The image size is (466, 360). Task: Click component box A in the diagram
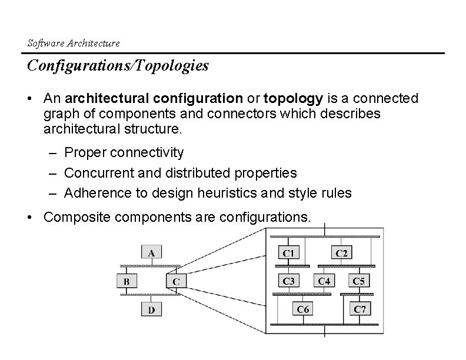[x=151, y=252]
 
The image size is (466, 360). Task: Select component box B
[x=127, y=281]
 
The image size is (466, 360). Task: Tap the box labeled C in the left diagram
[x=176, y=281]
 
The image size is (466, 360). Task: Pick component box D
[x=151, y=309]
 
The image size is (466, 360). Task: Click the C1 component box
[x=288, y=252]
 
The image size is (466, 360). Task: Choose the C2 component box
[x=341, y=252]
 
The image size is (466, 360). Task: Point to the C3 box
[x=288, y=281]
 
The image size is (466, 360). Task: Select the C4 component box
[x=324, y=281]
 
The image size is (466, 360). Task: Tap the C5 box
[x=359, y=281]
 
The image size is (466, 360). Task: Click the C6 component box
[x=304, y=308]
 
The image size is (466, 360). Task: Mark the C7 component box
[x=360, y=308]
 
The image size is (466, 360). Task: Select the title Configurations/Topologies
[x=118, y=66]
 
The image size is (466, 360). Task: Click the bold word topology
[x=293, y=98]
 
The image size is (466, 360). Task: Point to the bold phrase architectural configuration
[x=153, y=98]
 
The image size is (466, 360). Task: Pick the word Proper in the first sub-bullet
[x=84, y=153]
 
